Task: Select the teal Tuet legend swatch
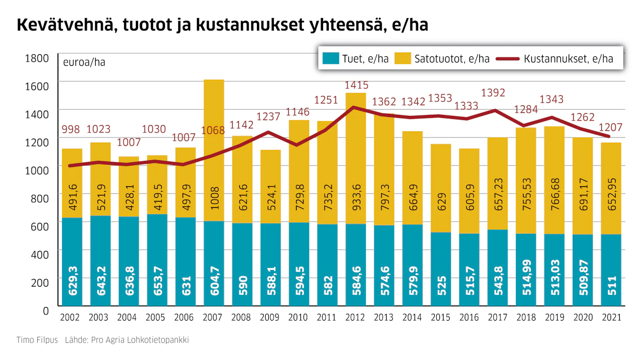point(330,58)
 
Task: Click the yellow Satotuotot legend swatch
point(403,58)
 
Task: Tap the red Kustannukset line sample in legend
point(508,59)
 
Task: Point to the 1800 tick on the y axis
point(37,58)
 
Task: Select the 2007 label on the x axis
point(212,317)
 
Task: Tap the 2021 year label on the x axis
point(612,317)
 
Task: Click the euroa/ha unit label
point(84,63)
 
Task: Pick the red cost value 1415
point(356,85)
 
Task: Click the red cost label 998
point(71,129)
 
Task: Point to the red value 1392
point(493,93)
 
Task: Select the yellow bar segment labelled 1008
point(214,151)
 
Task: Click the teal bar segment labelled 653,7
point(157,260)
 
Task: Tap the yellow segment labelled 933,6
point(356,158)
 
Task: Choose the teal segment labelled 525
point(441,269)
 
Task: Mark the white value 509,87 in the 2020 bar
point(584,278)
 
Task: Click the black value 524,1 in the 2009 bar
point(271,197)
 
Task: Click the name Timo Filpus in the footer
point(37,340)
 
